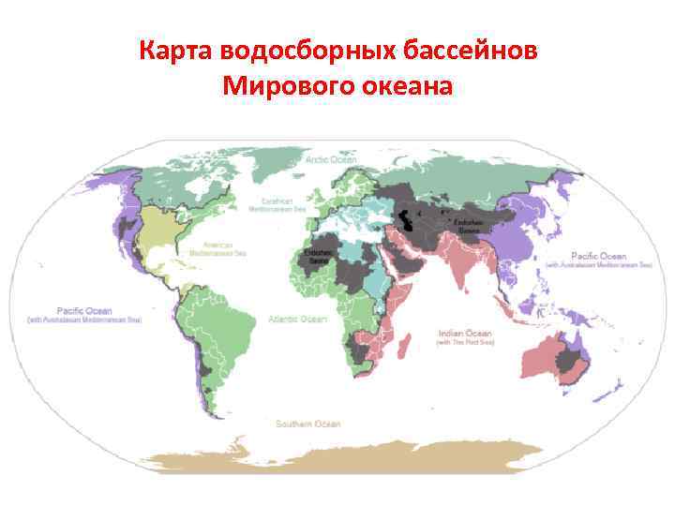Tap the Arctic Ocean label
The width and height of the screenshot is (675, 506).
(x=331, y=160)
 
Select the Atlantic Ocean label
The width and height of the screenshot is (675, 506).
(x=297, y=319)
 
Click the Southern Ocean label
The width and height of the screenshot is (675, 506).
(x=307, y=424)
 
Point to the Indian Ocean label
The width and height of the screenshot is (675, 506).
(x=465, y=332)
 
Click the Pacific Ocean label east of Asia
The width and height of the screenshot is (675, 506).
(x=599, y=256)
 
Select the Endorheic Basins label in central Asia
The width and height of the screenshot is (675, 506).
(x=469, y=225)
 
